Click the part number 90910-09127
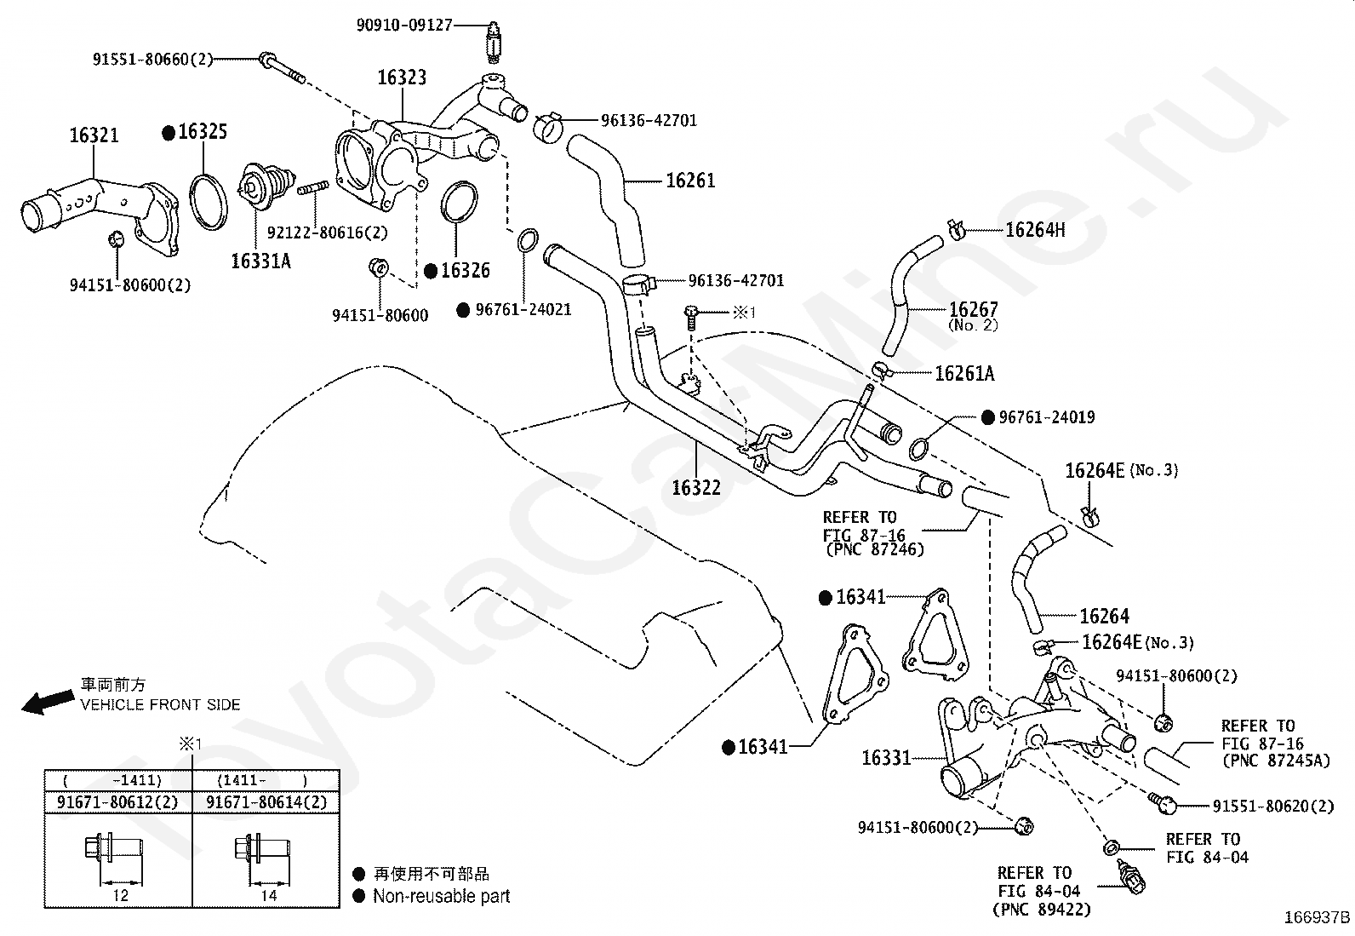404,25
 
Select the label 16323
402,78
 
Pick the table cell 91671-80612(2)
117,802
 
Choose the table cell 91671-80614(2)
266,802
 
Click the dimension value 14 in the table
269,895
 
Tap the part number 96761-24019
1047,417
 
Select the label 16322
696,487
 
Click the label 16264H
1035,230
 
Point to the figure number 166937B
1318,917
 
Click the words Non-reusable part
442,896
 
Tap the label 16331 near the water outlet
886,757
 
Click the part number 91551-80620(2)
1273,806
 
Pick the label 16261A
964,374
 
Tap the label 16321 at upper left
94,135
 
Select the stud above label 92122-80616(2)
312,187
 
